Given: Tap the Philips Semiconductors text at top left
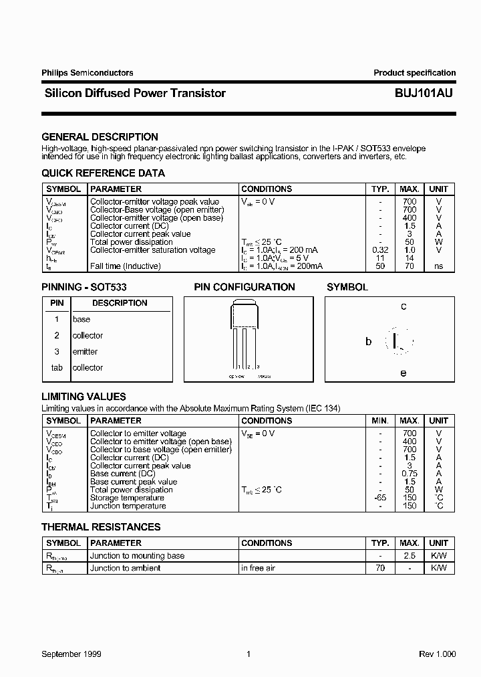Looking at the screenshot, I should pyautogui.click(x=87, y=73).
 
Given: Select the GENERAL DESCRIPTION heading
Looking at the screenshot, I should pyautogui.click(x=100, y=136).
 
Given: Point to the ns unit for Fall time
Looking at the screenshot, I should pyautogui.click(x=438, y=266).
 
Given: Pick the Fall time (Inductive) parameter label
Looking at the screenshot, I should pyautogui.click(x=125, y=266).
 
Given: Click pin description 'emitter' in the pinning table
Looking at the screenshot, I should pyautogui.click(x=85, y=352).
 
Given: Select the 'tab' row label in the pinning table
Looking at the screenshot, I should pyautogui.click(x=57, y=368).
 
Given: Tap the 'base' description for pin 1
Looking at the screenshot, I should pyautogui.click(x=81, y=320).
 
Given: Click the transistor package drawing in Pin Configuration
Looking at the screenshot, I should pyautogui.click(x=245, y=334).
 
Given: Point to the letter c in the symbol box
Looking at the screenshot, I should pyautogui.click(x=404, y=307).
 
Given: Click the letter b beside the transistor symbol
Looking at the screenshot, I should pyautogui.click(x=368, y=341).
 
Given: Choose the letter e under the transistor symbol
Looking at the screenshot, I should pyautogui.click(x=403, y=373).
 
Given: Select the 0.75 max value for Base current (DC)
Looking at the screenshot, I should pyautogui.click(x=410, y=474).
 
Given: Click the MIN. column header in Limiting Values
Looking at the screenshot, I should pyautogui.click(x=380, y=421).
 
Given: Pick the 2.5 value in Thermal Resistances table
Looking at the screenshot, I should pyautogui.click(x=410, y=556).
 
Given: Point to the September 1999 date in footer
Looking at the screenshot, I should pyautogui.click(x=71, y=654).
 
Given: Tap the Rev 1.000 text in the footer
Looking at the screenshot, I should pyautogui.click(x=437, y=654).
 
